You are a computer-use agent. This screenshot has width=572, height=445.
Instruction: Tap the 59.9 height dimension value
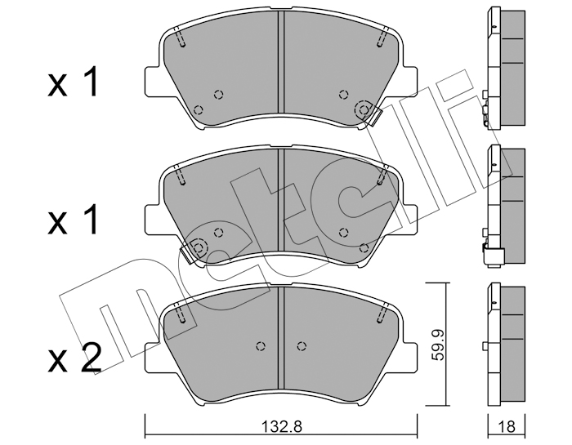[439, 345]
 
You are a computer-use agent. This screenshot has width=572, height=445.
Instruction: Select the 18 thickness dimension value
[506, 426]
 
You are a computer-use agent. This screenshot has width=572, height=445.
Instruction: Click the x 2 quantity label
[74, 358]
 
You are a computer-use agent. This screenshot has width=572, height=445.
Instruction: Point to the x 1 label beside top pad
[73, 82]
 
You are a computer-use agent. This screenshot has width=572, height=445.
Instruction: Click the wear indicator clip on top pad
[372, 115]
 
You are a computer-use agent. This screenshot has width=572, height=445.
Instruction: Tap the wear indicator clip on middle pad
[190, 254]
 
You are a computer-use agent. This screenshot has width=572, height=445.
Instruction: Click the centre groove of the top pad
[281, 62]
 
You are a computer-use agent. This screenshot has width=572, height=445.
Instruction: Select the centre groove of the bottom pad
[281, 338]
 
